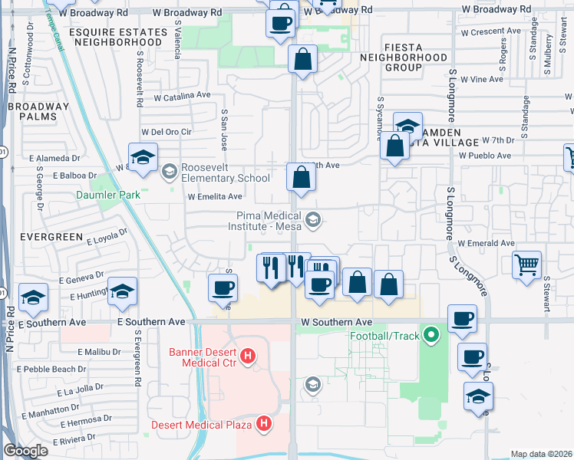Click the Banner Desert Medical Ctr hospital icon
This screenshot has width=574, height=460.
coord(247,356)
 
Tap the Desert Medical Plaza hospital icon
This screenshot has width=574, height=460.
coord(264,422)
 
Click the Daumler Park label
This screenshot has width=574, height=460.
coord(108,195)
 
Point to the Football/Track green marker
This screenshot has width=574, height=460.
coord(431,334)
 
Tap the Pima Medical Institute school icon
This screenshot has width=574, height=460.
coord(312,221)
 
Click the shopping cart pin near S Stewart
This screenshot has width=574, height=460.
coord(527,265)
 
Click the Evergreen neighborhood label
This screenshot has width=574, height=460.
coord(41,237)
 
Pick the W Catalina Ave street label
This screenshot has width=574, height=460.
coord(183,97)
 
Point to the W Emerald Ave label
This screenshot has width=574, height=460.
coord(486,243)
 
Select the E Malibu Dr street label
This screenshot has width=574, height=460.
coord(100,352)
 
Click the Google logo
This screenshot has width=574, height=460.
coord(25,451)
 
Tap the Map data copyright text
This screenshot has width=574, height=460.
coord(540,454)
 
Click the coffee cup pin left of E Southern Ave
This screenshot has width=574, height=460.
coord(223,287)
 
